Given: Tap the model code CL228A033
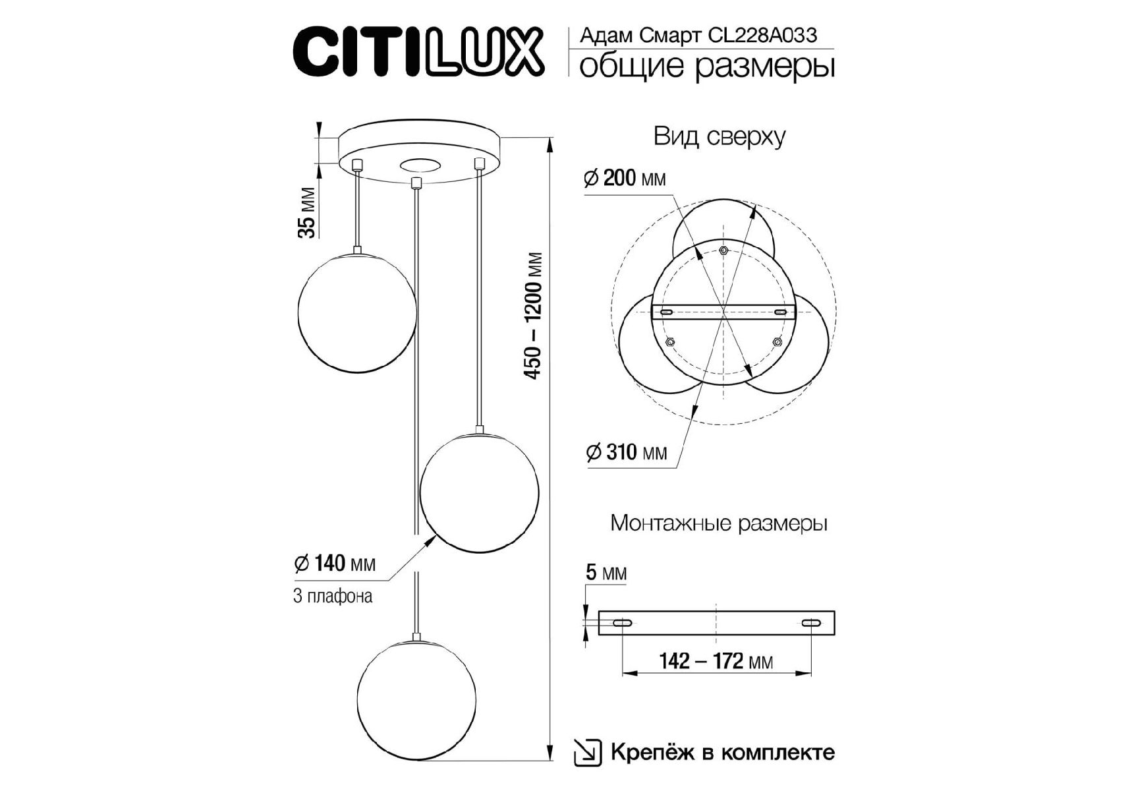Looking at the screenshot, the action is [762, 35].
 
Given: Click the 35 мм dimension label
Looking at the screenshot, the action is [307, 212].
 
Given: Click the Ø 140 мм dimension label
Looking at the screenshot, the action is [335, 564].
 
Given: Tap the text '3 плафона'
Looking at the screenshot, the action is [333, 596].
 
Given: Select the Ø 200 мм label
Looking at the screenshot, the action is [625, 178].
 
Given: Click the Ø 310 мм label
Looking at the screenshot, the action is [626, 452].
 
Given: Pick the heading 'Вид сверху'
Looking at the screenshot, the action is [720, 136].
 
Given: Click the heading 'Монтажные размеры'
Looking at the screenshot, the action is [719, 523].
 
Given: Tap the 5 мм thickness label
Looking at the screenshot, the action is [606, 572].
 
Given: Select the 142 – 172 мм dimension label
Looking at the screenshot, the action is [716, 660].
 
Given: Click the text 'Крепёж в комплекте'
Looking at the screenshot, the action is [723, 752].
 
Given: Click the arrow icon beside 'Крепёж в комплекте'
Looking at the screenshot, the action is [588, 753].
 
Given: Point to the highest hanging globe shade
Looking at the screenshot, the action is [357, 311].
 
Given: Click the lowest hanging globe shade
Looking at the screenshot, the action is [416, 699].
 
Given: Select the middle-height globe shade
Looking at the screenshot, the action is [480, 492].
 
